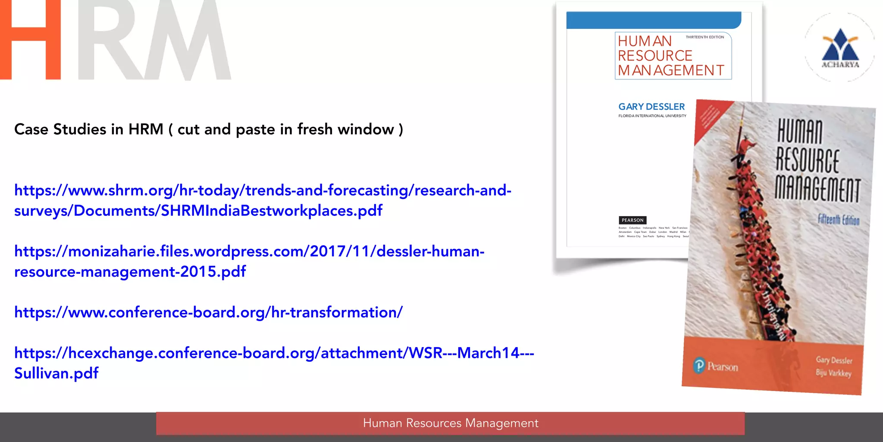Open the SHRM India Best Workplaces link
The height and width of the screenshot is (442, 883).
263,200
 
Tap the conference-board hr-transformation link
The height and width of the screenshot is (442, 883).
208,312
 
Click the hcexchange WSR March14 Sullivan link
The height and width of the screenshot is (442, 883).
274,363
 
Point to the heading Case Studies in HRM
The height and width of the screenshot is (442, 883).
209,129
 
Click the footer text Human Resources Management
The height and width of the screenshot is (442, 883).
451,423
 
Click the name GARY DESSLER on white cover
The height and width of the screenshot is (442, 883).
651,107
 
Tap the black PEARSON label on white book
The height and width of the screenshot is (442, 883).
633,220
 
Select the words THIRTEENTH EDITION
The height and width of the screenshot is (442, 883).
705,37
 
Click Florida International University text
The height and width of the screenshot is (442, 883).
652,116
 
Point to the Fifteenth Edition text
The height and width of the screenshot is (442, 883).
839,220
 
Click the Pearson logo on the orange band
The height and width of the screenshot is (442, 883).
716,366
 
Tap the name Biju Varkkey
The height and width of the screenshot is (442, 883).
833,373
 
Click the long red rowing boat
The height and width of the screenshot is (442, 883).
759,242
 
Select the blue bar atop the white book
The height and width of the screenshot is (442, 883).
653,20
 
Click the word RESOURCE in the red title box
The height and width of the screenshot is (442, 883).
655,56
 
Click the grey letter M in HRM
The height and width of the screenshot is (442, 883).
188,41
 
